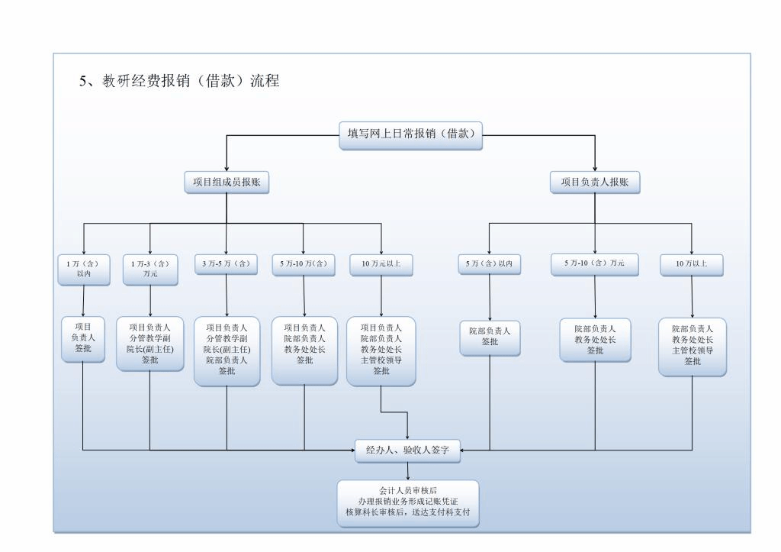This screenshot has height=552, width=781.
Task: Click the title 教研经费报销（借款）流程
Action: pos(180,81)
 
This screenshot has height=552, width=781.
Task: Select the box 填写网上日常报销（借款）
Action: pos(410,134)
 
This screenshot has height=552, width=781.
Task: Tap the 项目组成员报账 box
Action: pos(227,182)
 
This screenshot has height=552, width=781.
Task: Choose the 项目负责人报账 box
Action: pos(595,182)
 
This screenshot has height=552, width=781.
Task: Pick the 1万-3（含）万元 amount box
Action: pos(149,269)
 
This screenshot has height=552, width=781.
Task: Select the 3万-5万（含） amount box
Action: pos(227,264)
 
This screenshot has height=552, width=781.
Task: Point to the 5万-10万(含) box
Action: pos(304,264)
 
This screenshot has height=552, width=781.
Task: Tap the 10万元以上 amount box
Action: pos(381,264)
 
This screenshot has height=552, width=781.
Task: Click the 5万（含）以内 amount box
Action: pos(490,264)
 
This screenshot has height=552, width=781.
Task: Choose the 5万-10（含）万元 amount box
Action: pos(595,263)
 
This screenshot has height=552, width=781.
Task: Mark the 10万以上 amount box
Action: pos(692,264)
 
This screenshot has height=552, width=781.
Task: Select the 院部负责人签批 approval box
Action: pos(490,337)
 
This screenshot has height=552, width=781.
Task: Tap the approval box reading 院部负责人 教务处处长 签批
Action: pos(595,340)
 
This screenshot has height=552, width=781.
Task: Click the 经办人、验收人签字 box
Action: pos(407,450)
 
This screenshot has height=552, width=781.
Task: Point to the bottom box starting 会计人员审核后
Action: pos(408,504)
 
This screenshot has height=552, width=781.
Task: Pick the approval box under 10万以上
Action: pos(693,346)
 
